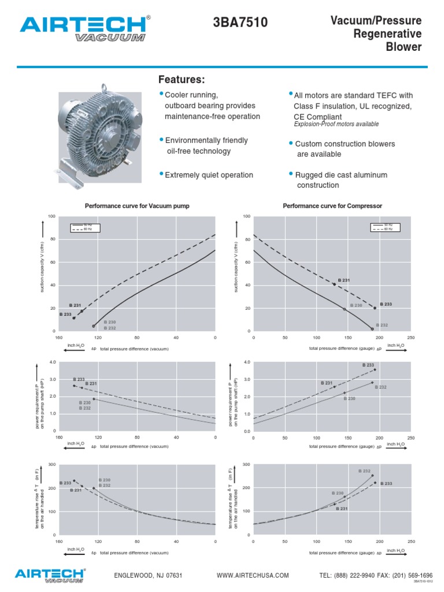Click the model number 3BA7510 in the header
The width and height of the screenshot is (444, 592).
[240, 23]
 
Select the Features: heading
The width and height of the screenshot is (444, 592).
[182, 79]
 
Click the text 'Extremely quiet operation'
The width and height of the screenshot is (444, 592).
[209, 175]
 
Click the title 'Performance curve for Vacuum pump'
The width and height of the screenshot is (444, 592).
[137, 206]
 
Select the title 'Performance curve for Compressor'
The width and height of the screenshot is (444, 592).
[332, 206]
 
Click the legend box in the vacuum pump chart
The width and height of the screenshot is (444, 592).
[85, 227]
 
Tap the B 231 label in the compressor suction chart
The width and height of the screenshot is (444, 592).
[344, 280]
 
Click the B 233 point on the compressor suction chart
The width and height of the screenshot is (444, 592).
[375, 308]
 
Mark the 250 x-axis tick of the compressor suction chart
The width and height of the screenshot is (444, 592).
[411, 337]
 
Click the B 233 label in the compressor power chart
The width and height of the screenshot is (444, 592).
[368, 365]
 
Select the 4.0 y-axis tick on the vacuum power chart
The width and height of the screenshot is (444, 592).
[52, 362]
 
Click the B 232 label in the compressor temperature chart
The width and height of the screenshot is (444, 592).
[365, 471]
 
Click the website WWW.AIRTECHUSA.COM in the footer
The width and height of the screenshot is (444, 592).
[253, 575]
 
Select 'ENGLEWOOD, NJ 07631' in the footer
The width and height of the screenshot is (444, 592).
[149, 575]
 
